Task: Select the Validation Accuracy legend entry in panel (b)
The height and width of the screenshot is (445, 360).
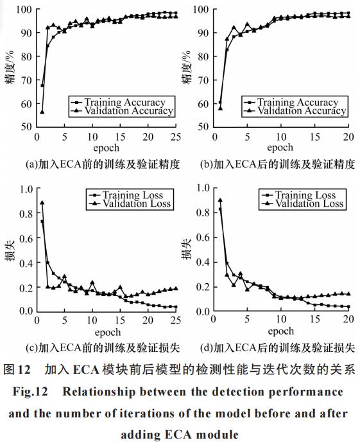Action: (x=295, y=110)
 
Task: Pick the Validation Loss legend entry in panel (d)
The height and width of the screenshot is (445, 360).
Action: (x=302, y=204)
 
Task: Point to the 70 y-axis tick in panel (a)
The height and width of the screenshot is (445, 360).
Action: (x=26, y=80)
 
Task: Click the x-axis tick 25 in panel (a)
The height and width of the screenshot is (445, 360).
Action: (x=176, y=137)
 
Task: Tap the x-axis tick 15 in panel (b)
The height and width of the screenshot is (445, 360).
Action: (x=314, y=137)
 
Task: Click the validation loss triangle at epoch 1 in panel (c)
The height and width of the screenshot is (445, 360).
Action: (x=42, y=203)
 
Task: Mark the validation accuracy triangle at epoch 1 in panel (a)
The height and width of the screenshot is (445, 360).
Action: (x=42, y=112)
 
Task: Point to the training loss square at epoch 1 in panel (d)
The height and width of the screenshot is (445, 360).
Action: (x=220, y=209)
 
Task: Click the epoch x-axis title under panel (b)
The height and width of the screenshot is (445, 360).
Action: (x=280, y=148)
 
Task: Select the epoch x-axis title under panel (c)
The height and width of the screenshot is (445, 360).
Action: (x=108, y=332)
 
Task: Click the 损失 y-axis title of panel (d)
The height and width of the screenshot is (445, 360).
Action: (x=186, y=250)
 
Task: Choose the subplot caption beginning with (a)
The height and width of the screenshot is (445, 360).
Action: (x=103, y=164)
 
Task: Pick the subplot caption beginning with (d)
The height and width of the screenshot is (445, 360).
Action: (x=277, y=347)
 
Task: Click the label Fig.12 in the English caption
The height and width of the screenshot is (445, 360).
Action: (x=30, y=392)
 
